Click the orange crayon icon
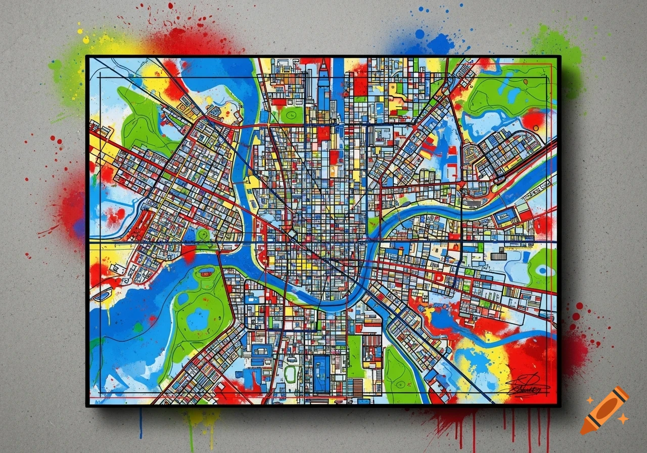[x=604, y=410]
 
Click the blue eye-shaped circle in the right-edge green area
[x=545, y=270]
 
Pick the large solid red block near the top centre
[x=360, y=85]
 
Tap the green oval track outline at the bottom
[x=290, y=374]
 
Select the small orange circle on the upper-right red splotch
[x=526, y=81]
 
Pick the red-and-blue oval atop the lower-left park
[x=207, y=274]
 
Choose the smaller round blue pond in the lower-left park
[x=182, y=299]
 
